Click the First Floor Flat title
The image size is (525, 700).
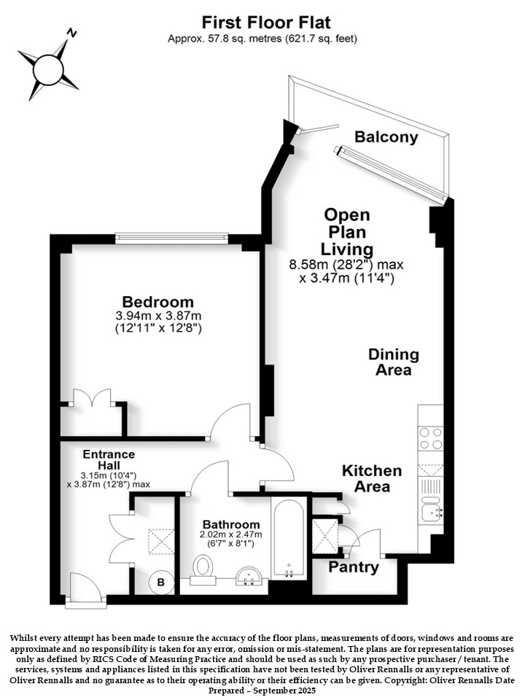point(267,22)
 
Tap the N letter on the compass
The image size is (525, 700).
point(71,33)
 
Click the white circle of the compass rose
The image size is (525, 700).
point(48,69)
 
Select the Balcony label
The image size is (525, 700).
point(386,137)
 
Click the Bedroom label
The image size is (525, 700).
point(158,302)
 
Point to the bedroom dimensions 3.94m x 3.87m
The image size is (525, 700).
point(158,316)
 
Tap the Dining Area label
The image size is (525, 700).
point(394,362)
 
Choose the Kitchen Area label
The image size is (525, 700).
point(372,478)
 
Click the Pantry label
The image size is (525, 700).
point(354,567)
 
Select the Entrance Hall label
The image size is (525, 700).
point(109,459)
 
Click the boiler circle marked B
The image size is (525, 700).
point(161,582)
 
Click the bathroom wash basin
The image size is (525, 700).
point(249,576)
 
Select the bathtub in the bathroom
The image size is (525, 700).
point(289,538)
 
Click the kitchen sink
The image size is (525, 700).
point(431,508)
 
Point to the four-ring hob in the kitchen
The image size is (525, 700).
point(430,438)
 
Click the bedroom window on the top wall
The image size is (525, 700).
point(172,238)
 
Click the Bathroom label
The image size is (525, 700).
point(231,524)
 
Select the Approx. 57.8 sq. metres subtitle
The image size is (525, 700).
point(262,39)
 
